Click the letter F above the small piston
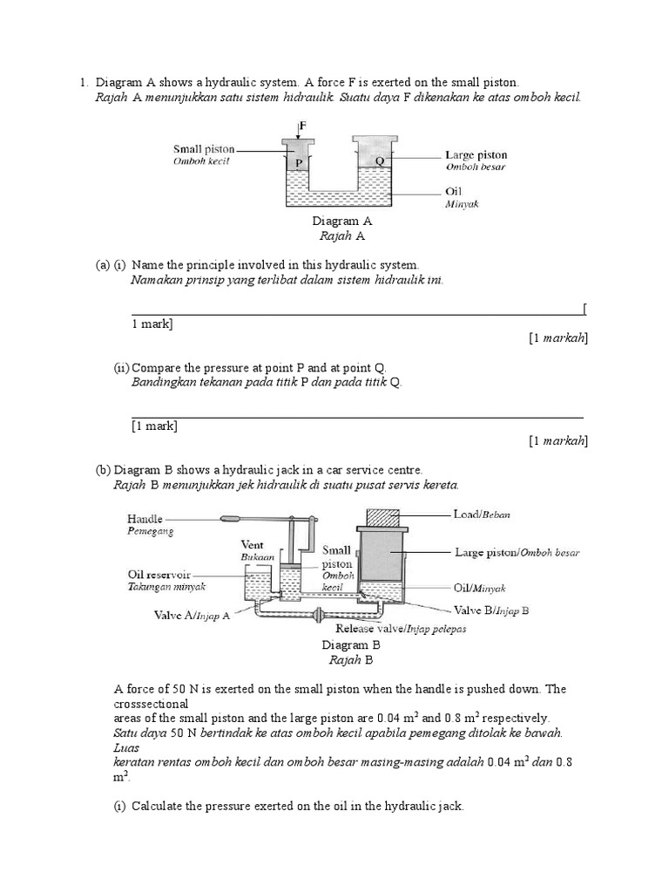(303, 126)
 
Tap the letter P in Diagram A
(298, 161)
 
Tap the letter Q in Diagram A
(379, 161)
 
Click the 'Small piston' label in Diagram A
(204, 149)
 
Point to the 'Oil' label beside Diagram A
(453, 191)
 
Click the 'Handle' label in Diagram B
(145, 518)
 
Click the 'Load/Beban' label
(482, 515)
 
